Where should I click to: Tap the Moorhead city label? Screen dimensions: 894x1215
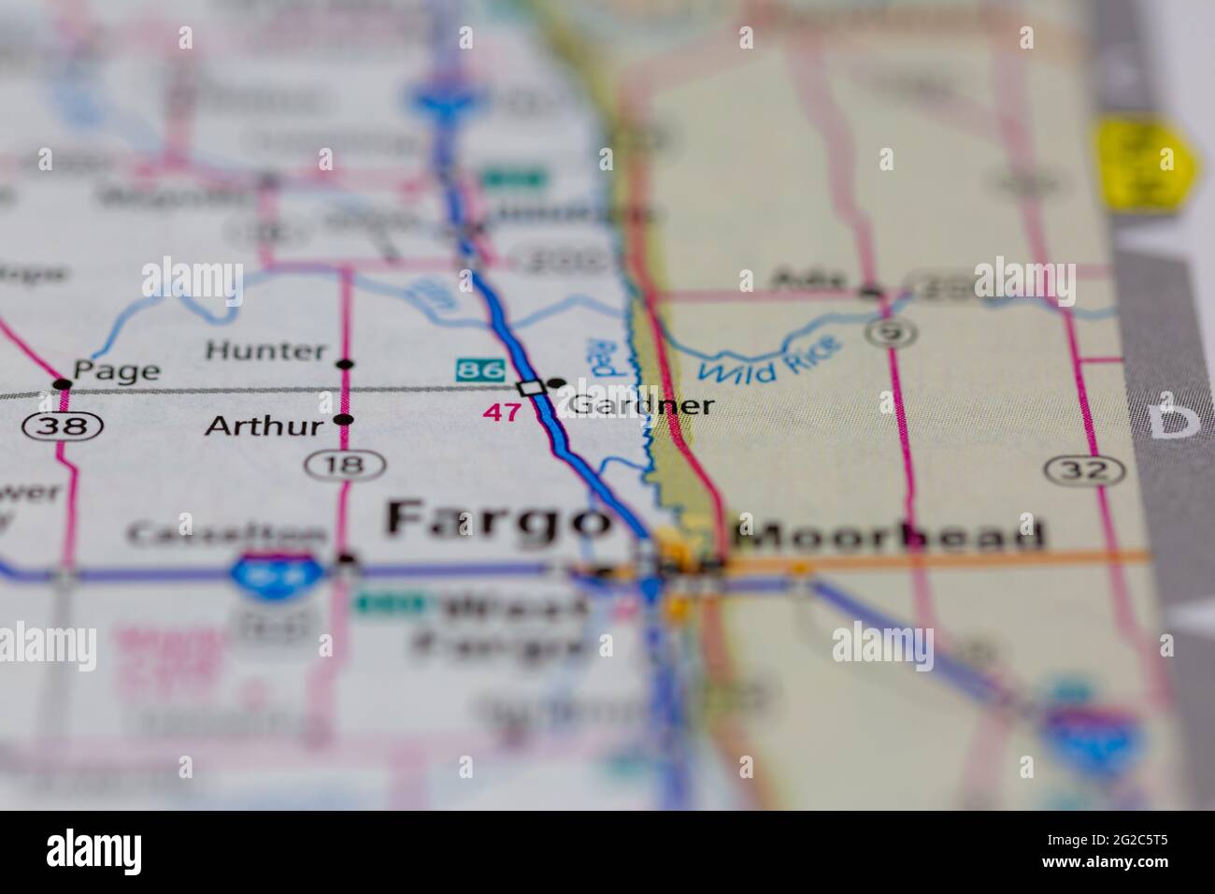pos(889,534)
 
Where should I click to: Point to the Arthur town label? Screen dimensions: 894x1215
pos(264,426)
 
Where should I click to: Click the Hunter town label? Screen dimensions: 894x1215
pos(265,352)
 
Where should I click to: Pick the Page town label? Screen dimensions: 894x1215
pos(117,370)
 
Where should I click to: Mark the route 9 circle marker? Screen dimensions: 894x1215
pos(883,331)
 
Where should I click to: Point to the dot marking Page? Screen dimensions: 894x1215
pos(63,384)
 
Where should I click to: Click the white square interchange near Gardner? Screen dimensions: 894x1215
pos(532,388)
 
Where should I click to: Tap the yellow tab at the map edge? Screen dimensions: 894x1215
pos(1144,161)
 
